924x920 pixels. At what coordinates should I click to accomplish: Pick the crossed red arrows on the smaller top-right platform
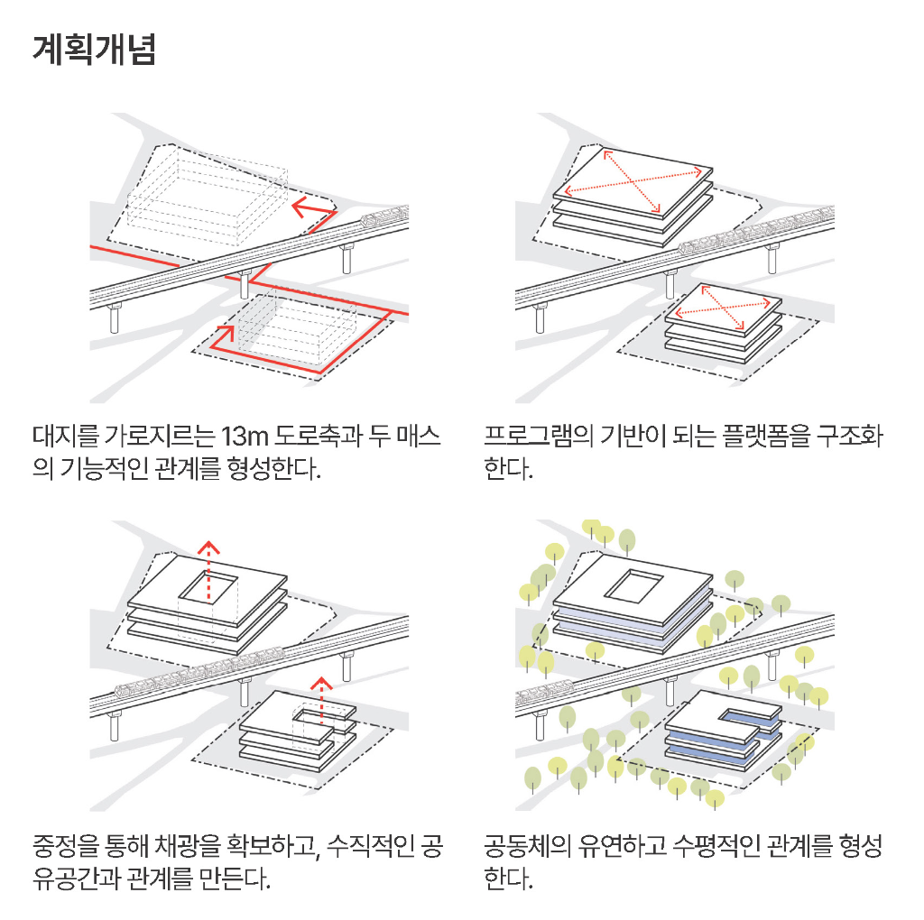click(723, 307)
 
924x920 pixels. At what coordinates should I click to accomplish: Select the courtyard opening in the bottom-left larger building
click(208, 588)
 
